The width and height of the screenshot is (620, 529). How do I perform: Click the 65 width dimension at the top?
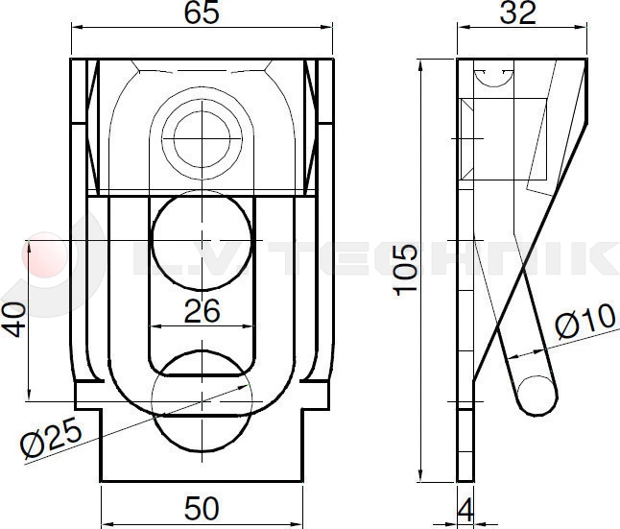point(203,13)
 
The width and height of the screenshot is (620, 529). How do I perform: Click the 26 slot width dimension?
point(202,310)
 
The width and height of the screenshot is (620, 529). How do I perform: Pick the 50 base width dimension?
point(203,508)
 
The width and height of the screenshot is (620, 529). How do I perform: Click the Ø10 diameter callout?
point(584,320)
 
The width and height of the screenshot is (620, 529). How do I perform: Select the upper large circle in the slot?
point(203,238)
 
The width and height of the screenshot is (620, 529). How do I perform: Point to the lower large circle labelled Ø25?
point(203,401)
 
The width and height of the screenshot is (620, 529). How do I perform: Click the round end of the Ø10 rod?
point(537,395)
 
